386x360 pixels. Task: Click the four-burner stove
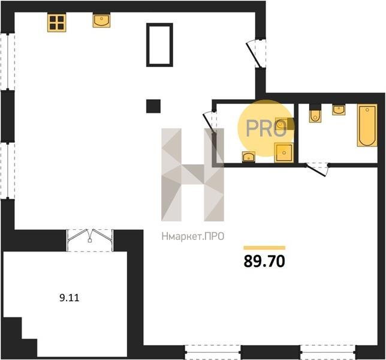coord(56,22)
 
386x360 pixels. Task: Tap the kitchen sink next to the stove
coord(101,20)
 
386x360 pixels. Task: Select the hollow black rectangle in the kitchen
coord(159,45)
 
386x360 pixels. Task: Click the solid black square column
coord(153,106)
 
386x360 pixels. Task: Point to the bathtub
coord(367,125)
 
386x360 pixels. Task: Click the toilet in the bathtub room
coord(315,113)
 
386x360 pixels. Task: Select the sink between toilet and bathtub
coord(339,109)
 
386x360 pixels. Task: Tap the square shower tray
coord(284,153)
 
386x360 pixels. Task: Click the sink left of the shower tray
coord(248,157)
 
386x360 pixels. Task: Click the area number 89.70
coord(264,262)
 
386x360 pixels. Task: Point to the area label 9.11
coord(70,298)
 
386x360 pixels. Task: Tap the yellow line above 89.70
coord(264,248)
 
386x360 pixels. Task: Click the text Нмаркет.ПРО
coord(193,236)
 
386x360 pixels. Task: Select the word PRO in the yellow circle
coord(266,128)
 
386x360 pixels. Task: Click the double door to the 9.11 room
coord(90,240)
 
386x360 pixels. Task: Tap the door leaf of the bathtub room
coord(316,170)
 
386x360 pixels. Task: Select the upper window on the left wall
coord(8,61)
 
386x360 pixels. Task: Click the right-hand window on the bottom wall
coord(328,352)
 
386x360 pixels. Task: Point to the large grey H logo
coord(193,175)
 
